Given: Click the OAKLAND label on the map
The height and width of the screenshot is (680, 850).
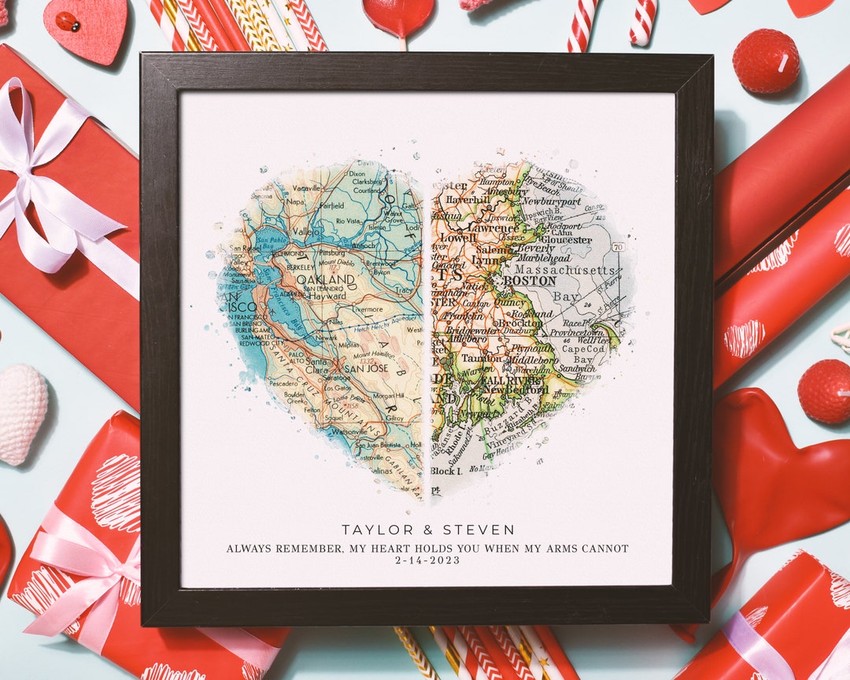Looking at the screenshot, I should [x=330, y=279].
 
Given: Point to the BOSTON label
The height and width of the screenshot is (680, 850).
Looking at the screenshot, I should [x=529, y=280].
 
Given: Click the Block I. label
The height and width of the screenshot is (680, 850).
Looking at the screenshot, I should [x=445, y=471].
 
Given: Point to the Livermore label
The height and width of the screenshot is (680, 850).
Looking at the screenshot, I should [x=368, y=309].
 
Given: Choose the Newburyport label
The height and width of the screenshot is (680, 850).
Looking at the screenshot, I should [x=550, y=201].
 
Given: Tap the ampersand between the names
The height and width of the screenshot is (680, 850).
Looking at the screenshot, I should [x=428, y=530].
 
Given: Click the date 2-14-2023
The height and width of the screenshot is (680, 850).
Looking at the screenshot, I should [x=427, y=560].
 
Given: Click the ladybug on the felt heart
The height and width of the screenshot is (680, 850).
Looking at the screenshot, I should [x=68, y=22].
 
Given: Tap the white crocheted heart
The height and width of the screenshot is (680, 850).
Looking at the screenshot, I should [x=21, y=412].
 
